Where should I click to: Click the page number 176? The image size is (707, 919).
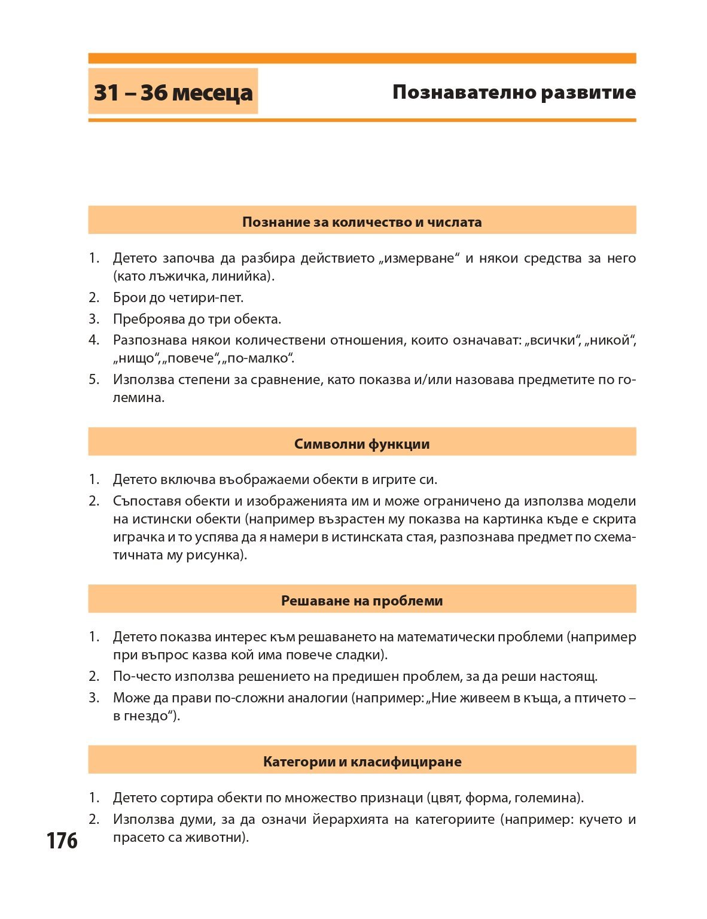[62, 841]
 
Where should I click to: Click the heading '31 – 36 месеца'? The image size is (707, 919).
[173, 92]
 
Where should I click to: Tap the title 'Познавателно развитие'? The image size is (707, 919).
[514, 92]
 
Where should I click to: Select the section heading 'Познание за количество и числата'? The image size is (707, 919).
[362, 222]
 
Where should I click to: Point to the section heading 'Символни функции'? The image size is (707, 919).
[362, 444]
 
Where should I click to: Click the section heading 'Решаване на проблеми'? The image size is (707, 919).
[362, 601]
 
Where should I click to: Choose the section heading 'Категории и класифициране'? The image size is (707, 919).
[362, 762]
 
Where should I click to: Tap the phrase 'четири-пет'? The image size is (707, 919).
[209, 297]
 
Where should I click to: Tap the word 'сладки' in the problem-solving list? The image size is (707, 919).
[362, 655]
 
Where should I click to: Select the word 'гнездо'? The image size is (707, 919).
[147, 716]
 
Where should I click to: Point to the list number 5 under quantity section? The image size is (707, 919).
[94, 379]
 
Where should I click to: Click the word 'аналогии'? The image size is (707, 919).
[318, 698]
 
